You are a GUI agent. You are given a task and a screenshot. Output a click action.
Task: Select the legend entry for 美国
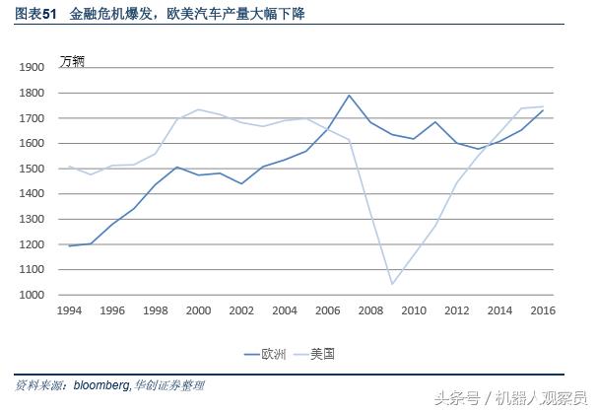[322, 353]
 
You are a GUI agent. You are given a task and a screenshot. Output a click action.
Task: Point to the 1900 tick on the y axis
[32, 67]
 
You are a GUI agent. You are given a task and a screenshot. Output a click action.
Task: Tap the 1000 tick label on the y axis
[32, 295]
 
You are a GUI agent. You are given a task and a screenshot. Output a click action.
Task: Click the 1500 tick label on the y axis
[32, 169]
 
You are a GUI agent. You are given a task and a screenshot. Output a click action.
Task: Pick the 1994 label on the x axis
[69, 310]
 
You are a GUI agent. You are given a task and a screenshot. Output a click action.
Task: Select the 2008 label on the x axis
[370, 310]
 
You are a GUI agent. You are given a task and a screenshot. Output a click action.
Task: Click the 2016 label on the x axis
[543, 310]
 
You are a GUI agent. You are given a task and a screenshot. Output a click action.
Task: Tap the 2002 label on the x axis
[241, 310]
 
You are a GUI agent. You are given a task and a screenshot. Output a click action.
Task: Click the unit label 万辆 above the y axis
[73, 61]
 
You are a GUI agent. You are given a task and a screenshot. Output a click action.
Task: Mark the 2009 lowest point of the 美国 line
[392, 284]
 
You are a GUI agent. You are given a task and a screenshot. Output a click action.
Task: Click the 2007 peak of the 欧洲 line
[349, 96]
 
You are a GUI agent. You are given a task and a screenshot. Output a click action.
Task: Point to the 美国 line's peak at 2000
[198, 109]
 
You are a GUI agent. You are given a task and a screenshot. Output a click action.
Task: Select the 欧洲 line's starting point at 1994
[69, 245]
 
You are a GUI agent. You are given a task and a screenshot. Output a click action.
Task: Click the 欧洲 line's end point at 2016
[543, 110]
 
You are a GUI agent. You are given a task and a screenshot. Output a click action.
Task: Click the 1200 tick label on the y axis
[32, 244]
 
